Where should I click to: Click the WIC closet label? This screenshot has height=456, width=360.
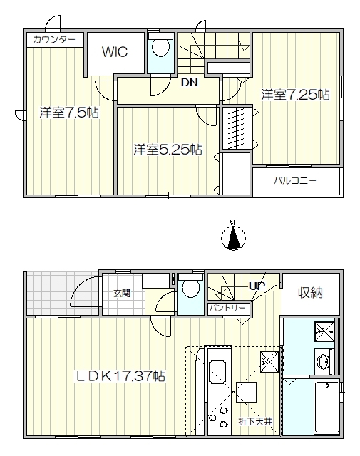click(x=115, y=52)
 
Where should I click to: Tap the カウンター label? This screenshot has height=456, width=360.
click(x=54, y=39)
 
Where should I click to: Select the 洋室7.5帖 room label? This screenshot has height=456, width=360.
click(x=69, y=113)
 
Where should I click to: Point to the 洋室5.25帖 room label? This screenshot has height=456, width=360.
click(x=168, y=150)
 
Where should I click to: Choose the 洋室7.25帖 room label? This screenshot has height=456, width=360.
click(x=295, y=95)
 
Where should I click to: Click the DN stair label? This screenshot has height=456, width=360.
click(x=190, y=83)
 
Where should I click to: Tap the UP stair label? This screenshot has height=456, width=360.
click(x=257, y=286)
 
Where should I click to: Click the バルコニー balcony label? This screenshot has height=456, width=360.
click(x=295, y=180)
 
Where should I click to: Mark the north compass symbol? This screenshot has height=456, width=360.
click(x=233, y=237)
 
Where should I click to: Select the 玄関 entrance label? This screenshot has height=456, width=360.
click(x=122, y=294)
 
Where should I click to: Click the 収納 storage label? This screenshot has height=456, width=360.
click(x=310, y=293)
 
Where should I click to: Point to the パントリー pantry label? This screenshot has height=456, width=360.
click(x=228, y=308)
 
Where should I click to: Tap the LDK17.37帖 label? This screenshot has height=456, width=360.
click(x=120, y=376)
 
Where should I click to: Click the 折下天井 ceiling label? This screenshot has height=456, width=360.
click(x=255, y=421)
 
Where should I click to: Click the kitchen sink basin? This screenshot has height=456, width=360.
click(x=217, y=372)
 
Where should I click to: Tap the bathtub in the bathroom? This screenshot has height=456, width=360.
click(x=327, y=407)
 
